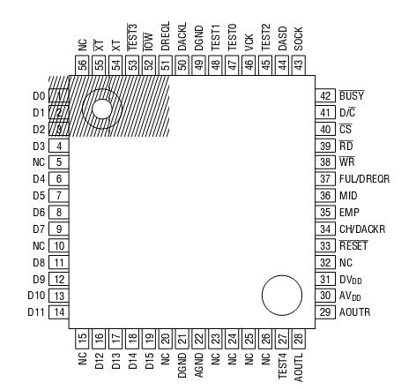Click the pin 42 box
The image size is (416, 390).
coord(325,95)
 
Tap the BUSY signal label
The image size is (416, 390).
coord(353,95)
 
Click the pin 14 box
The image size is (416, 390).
coord(58,311)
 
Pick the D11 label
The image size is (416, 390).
coord(35,311)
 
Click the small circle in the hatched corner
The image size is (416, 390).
coord(100,109)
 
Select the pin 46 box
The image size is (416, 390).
coord(249,64)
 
